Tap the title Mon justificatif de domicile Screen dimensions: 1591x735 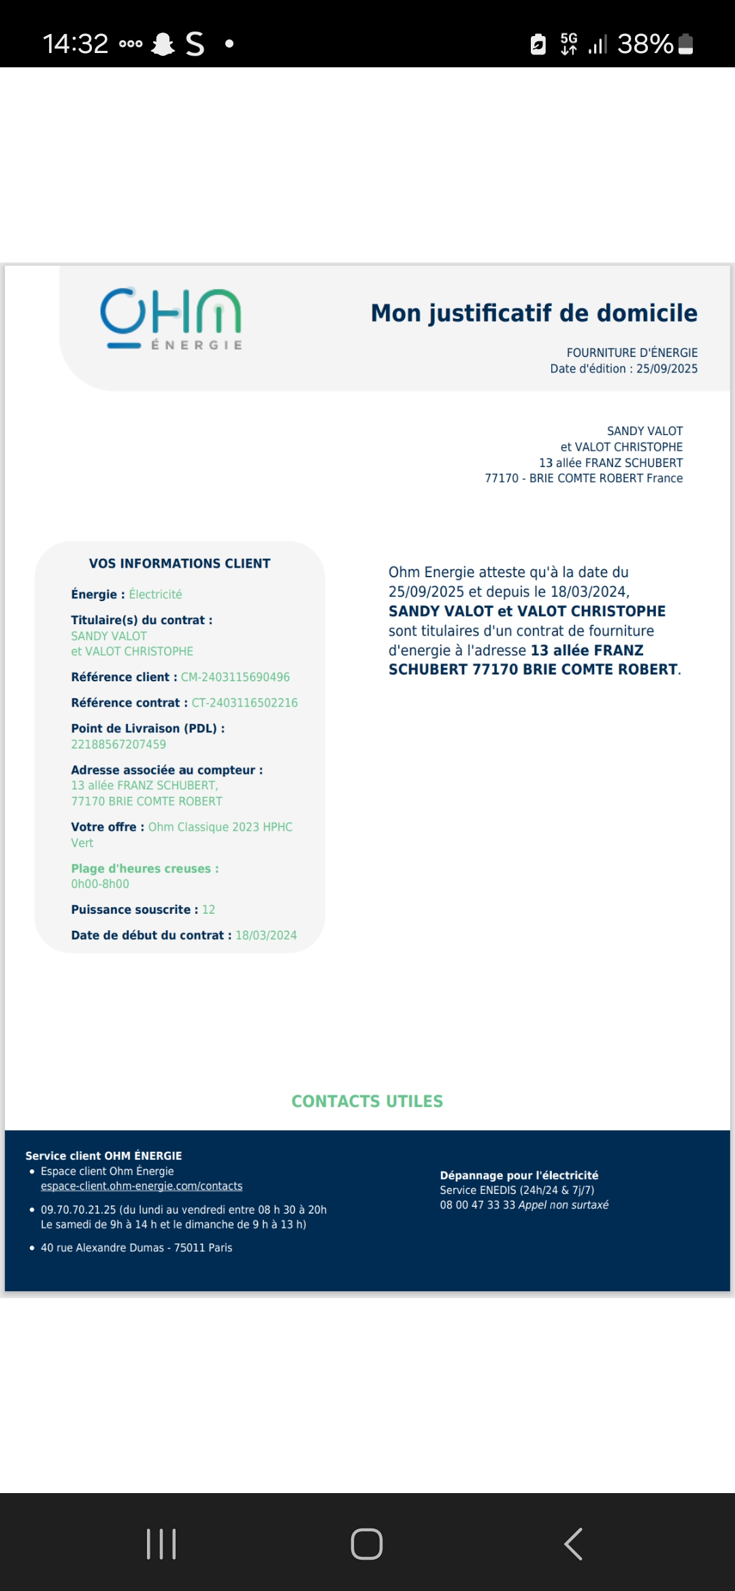click(534, 313)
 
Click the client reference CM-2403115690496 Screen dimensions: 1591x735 click(235, 677)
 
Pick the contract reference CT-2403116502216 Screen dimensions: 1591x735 click(244, 703)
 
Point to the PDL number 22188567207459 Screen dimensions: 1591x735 click(118, 745)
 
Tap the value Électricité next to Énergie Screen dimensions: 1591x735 click(155, 594)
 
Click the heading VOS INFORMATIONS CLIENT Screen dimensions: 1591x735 click(180, 564)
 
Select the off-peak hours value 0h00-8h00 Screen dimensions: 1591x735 click(100, 884)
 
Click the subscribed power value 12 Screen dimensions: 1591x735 click(208, 910)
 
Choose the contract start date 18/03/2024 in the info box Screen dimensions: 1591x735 click(266, 936)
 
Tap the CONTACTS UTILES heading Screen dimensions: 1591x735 click(367, 1101)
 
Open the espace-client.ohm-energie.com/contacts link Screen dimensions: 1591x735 click(142, 1186)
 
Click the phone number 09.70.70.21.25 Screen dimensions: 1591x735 click(78, 1210)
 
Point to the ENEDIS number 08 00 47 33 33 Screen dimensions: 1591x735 click(477, 1205)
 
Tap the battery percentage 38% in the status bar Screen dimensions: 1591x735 click(644, 44)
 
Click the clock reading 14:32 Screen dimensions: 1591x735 click(76, 44)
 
